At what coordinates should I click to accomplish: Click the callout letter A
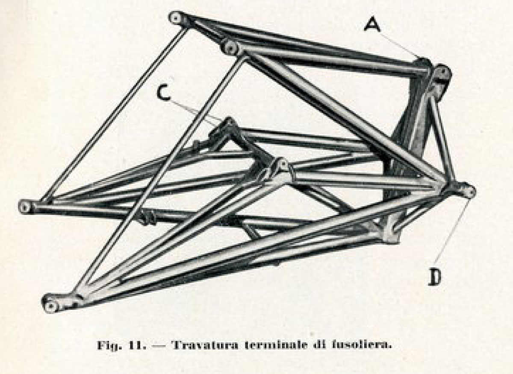click(x=373, y=23)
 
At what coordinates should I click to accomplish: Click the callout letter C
click(x=163, y=93)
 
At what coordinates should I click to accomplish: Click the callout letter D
click(x=434, y=278)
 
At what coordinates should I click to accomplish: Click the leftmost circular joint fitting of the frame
click(x=25, y=207)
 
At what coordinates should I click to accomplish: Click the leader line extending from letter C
click(x=195, y=112)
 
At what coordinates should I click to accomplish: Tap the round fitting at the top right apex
click(x=442, y=73)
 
